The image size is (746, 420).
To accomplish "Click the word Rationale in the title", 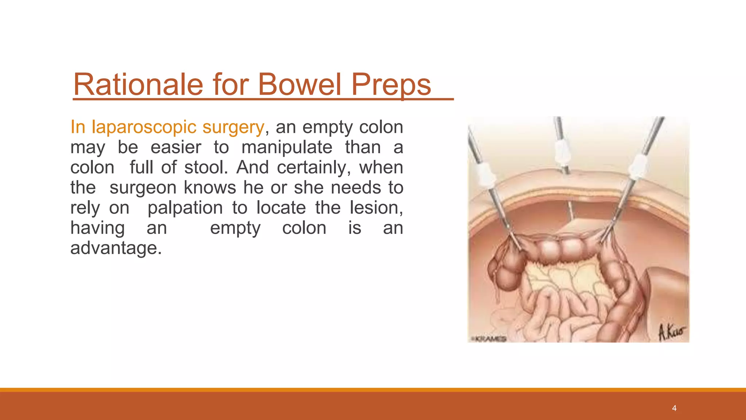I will pyautogui.click(x=138, y=85).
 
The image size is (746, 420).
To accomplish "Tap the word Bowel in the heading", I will pyautogui.click(x=300, y=85).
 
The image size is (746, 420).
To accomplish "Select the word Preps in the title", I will pyautogui.click(x=391, y=85).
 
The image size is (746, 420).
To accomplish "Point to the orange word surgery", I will pyautogui.click(x=233, y=128).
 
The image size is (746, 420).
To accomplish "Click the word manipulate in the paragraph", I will pyautogui.click(x=287, y=147).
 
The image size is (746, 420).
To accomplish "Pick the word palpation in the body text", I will pyautogui.click(x=185, y=208).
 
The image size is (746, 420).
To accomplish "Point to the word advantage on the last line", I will pyautogui.click(x=115, y=248).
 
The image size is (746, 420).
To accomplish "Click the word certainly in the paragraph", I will pyautogui.click(x=313, y=167).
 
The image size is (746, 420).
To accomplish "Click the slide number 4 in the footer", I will pyautogui.click(x=674, y=408).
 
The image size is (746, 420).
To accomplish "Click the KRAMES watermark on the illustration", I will pyautogui.click(x=489, y=339).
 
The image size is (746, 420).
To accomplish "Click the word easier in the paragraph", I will pyautogui.click(x=176, y=147).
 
